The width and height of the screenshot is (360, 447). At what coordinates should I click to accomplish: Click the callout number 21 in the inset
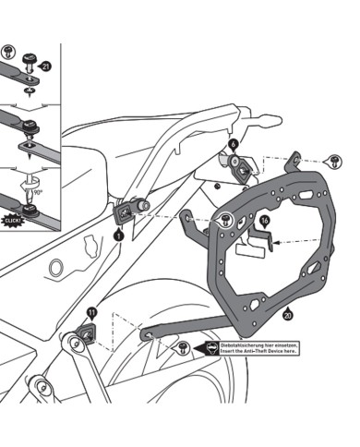tap(46, 66)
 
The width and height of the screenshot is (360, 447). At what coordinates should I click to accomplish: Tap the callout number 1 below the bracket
tap(117, 237)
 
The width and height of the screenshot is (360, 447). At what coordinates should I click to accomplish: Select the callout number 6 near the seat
tap(234, 145)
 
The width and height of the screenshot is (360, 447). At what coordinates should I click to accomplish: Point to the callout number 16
tap(264, 222)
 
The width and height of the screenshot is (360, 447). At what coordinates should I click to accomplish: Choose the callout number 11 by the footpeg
tap(91, 312)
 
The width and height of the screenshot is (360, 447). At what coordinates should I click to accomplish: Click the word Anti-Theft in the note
tap(268, 351)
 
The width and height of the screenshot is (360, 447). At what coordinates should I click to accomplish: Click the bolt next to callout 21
tap(30, 65)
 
